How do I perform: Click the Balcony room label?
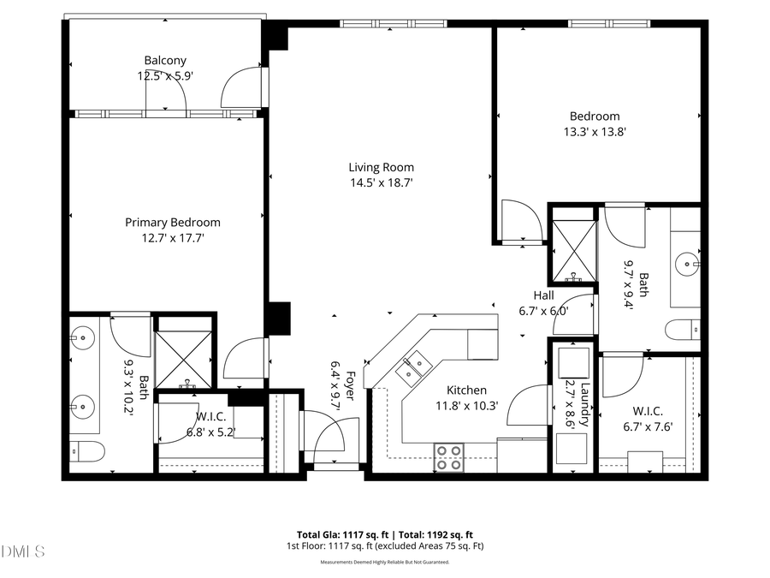pos(165,61)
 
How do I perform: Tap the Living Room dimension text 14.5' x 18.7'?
pos(382,182)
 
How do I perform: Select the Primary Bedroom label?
pos(173,223)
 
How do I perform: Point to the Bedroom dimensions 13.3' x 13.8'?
pos(595,132)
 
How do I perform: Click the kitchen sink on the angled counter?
pos(418,366)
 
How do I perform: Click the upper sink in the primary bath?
pos(84,337)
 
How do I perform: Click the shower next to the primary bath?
pos(182,359)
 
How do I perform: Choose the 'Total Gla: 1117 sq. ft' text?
pos(338,533)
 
